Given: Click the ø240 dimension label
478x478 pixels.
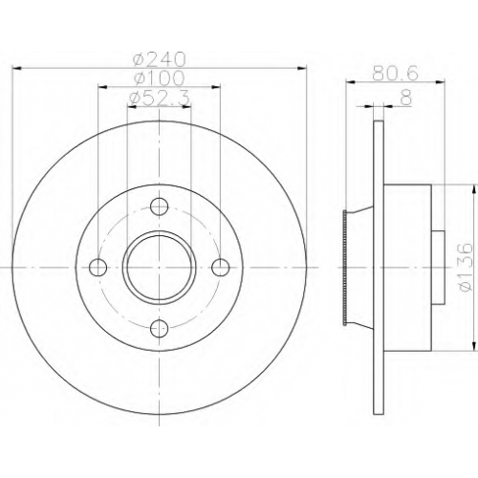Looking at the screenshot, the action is (x=160, y=59).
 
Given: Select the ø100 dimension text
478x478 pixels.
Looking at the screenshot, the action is (x=160, y=77).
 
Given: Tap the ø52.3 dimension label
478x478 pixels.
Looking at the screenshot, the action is (x=161, y=98).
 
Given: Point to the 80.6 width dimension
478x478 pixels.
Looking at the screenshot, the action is (x=395, y=74).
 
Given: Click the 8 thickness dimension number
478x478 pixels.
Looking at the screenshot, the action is (x=406, y=98).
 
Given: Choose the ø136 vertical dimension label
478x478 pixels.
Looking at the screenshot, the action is (x=466, y=267).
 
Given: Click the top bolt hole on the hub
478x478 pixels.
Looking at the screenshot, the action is (x=159, y=206).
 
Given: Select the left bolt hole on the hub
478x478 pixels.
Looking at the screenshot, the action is (x=98, y=267).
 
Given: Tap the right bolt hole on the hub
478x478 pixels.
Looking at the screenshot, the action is (x=221, y=267).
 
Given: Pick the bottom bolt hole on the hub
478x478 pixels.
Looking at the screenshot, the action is (x=159, y=328).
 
